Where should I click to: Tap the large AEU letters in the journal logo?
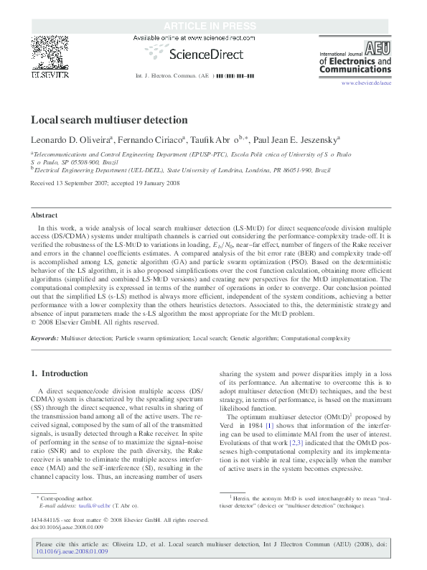pos(378,47)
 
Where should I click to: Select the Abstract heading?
pos(44,215)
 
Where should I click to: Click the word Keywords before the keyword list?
pos(44,337)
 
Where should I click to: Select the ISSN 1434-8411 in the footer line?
pos(45,539)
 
